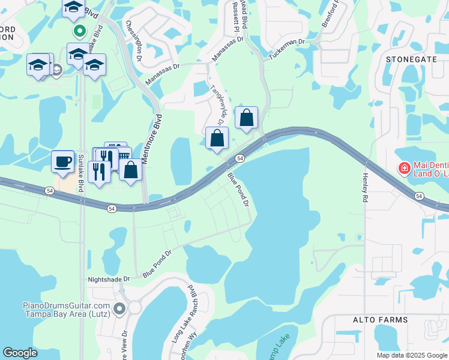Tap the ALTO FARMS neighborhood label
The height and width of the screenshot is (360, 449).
(380, 320)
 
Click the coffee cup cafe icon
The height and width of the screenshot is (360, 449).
(62, 161)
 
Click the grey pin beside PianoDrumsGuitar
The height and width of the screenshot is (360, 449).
(119, 309)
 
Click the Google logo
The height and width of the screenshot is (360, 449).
(20, 353)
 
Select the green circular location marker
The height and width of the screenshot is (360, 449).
(78, 30)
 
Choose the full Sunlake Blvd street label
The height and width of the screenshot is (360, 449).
(80, 171)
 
